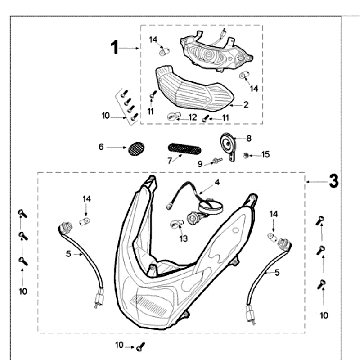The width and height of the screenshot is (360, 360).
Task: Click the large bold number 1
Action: (x=115, y=47)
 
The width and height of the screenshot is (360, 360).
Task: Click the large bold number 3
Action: (x=333, y=181)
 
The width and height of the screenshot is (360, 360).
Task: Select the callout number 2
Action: (x=246, y=105)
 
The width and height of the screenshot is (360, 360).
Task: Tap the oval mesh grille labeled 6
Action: (x=137, y=149)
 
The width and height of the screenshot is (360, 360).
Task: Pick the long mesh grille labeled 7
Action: (x=184, y=149)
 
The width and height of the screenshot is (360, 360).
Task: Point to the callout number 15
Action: (x=266, y=154)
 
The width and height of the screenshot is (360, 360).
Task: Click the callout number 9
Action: (x=200, y=164)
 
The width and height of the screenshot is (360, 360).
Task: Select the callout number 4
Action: (x=217, y=182)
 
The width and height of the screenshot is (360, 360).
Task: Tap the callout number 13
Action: (x=183, y=238)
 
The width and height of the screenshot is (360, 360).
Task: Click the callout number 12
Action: (x=193, y=117)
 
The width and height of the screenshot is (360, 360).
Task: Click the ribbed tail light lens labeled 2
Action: (x=195, y=88)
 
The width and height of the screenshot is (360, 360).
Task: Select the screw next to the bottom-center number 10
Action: (x=140, y=347)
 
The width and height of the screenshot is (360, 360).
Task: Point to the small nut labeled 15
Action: (x=246, y=155)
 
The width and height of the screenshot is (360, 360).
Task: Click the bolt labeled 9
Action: (x=217, y=161)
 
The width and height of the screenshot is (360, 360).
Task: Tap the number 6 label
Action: (x=101, y=147)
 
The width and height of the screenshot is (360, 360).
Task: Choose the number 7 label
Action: (x=170, y=161)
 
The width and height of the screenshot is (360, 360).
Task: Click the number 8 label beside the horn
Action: (x=249, y=138)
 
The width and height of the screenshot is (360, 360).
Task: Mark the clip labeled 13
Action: (x=175, y=223)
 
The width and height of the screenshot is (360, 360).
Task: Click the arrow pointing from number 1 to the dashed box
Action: (x=129, y=48)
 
